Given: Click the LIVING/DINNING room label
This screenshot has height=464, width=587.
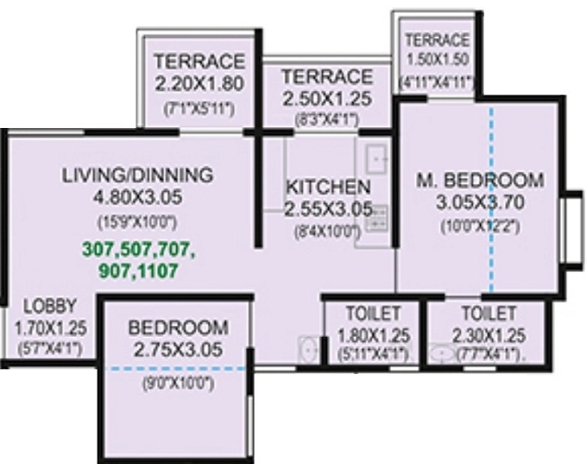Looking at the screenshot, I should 138,174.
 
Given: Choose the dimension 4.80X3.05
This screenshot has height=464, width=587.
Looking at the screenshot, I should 138,197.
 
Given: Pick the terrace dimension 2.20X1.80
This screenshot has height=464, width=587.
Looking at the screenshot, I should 200,85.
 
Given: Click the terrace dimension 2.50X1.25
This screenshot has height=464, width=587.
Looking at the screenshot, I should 327,98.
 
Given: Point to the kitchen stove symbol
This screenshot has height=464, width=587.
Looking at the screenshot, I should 376,218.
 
